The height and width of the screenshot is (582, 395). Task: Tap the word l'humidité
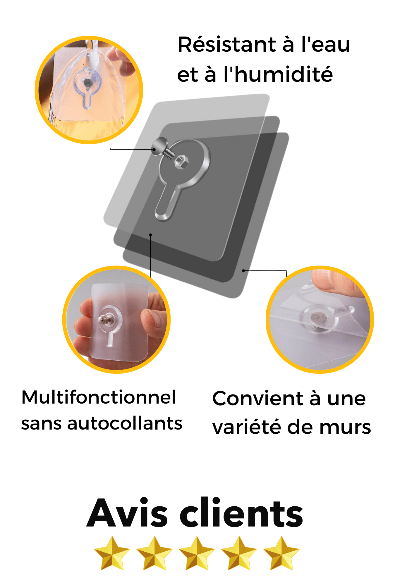(x=278, y=74)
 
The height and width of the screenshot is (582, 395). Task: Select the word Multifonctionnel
(x=99, y=397)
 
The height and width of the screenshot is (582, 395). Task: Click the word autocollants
(x=125, y=423)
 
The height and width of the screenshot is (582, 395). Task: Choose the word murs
(x=345, y=428)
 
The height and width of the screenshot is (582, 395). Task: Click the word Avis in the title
(x=127, y=513)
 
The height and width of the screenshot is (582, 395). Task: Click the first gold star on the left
(x=112, y=553)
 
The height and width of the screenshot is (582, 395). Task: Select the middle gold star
(x=197, y=553)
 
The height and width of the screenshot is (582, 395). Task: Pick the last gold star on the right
(x=281, y=553)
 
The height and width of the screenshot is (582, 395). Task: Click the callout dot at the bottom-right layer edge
(x=243, y=271)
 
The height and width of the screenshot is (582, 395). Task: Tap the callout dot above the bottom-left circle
(x=150, y=234)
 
